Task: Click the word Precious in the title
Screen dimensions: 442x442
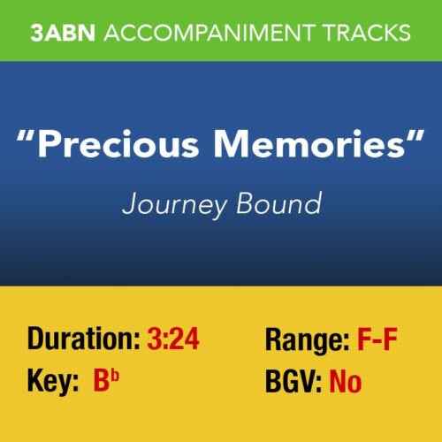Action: pos(134,147)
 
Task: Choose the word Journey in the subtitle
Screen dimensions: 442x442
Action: pos(168,204)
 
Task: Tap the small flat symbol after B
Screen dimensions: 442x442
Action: pos(119,375)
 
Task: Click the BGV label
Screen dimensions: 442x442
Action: pos(293,382)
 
